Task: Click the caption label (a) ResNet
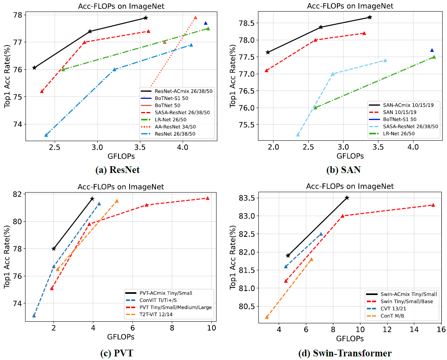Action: tap(117, 170)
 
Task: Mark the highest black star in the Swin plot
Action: tap(347, 198)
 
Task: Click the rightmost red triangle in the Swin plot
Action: tap(433, 205)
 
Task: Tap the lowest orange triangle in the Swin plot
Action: tap(267, 317)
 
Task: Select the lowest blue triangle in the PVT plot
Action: tap(34, 315)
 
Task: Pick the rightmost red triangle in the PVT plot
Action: tap(207, 198)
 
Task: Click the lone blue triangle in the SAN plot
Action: tap(432, 50)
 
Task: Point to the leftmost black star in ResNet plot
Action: tap(34, 68)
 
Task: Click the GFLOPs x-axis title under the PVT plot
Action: tap(120, 337)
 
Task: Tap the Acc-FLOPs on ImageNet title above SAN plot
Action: tap(345, 6)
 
